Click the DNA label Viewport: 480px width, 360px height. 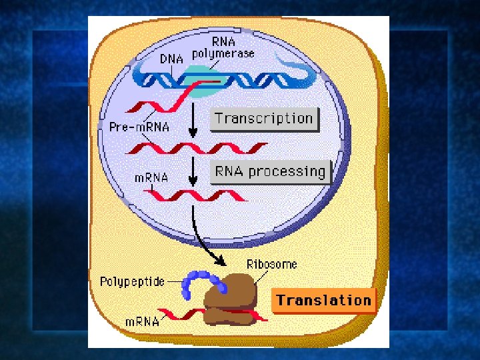(171, 59)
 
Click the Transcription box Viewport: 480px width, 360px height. (264, 119)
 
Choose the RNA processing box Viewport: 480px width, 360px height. (270, 171)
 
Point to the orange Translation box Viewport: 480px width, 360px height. (323, 301)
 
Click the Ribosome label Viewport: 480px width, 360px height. (272, 265)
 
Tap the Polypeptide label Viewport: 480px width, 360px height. (131, 281)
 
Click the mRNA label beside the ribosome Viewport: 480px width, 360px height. (143, 321)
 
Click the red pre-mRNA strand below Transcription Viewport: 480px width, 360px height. (200, 147)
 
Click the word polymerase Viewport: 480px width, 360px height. (223, 53)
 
